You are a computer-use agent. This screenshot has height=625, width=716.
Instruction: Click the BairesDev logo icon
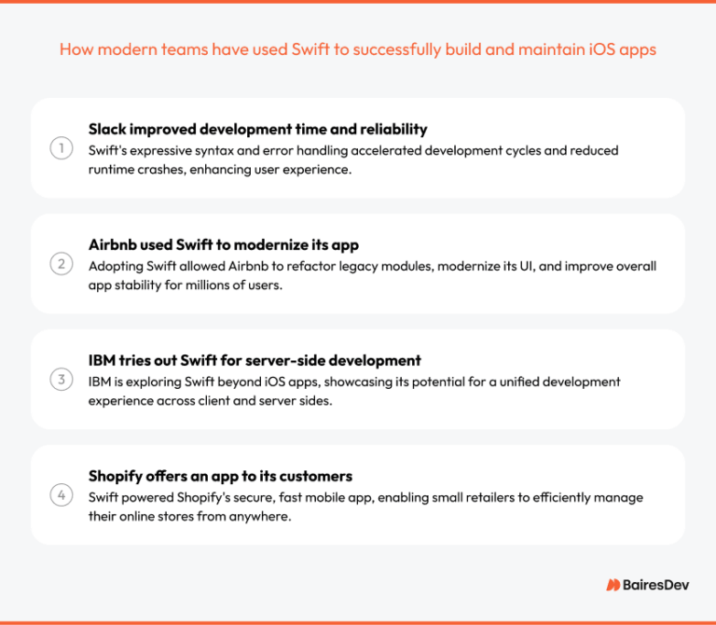click(613, 584)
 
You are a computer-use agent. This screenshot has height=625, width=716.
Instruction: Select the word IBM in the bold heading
click(103, 360)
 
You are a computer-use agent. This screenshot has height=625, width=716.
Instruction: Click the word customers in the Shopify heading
click(314, 476)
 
